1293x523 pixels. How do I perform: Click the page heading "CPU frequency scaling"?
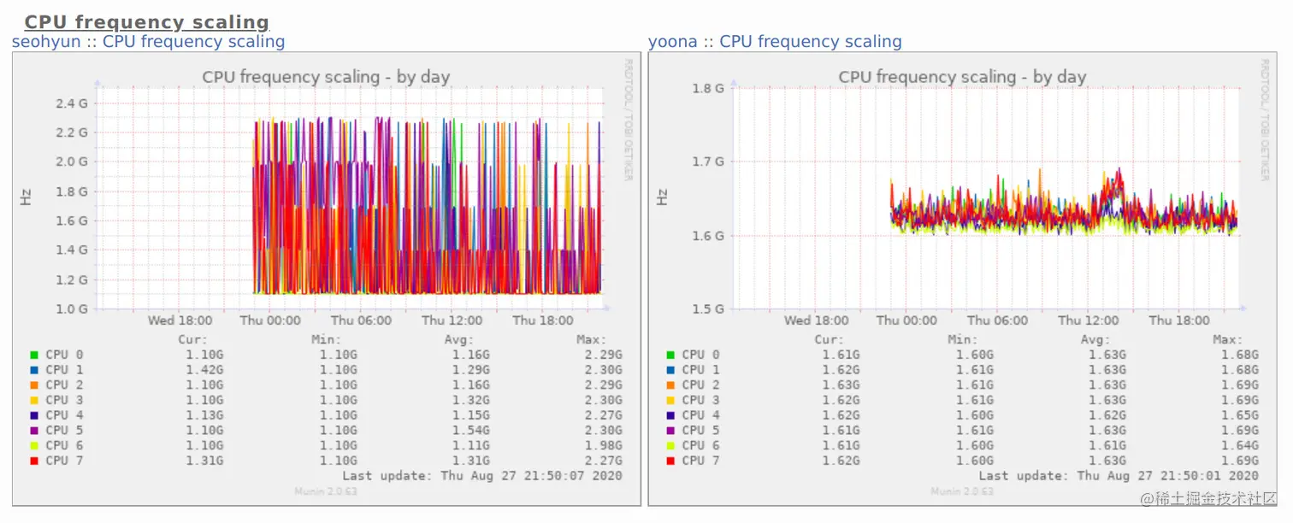[x=146, y=22]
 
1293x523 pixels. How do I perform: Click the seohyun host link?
[x=46, y=41]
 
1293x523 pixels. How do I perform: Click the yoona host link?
[x=671, y=41]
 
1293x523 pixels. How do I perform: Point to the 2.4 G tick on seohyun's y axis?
[x=71, y=103]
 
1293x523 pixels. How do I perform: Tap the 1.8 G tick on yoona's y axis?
[x=707, y=88]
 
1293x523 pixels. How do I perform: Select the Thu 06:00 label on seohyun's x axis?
[x=361, y=320]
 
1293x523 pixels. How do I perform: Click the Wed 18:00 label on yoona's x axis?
[x=816, y=320]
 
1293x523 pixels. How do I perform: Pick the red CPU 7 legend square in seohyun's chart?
[x=33, y=461]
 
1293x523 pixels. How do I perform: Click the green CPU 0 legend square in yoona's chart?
[x=670, y=355]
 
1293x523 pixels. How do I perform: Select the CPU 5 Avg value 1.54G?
[x=472, y=430]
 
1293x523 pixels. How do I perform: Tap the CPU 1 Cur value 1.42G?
[x=204, y=370]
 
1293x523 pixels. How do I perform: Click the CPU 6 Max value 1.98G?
[x=605, y=445]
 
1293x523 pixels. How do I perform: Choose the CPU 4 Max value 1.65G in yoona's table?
[x=1241, y=415]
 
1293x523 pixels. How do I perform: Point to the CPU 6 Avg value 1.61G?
[x=1108, y=445]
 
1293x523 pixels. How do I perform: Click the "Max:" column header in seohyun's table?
[x=591, y=339]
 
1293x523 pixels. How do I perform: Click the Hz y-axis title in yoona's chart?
[x=662, y=197]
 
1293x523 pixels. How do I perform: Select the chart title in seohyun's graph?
[x=326, y=77]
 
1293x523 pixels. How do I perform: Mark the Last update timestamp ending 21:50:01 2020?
[x=1119, y=475]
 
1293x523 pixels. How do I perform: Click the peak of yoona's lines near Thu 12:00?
[x=1118, y=170]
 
